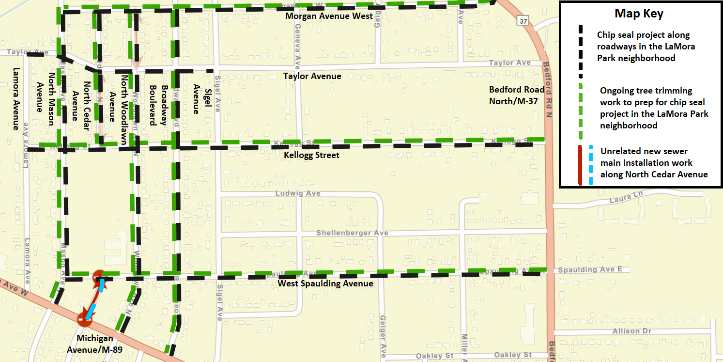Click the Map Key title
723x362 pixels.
click(639, 14)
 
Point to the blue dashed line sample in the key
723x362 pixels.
click(591, 165)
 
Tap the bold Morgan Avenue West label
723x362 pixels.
click(329, 16)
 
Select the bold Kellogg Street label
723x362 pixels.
click(311, 155)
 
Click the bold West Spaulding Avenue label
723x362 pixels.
click(325, 283)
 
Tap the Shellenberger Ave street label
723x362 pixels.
click(352, 233)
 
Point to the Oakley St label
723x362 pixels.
click(514, 355)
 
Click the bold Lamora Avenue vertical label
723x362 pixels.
click(16, 98)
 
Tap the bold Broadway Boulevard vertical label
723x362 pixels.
click(158, 105)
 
